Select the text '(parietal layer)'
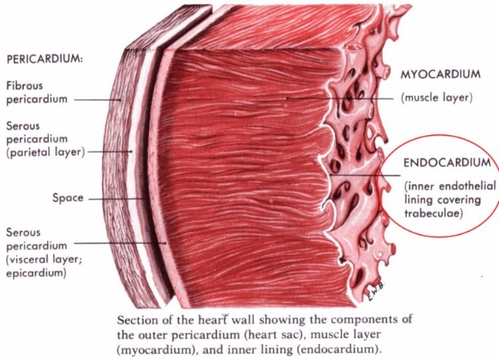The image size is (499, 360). click(x=44, y=151)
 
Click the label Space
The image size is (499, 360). click(x=68, y=198)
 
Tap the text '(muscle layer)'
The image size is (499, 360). click(x=436, y=97)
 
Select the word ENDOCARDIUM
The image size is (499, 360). click(x=447, y=162)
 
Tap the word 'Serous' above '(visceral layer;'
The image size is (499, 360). click(x=23, y=232)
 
